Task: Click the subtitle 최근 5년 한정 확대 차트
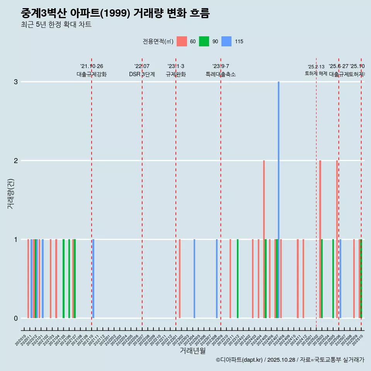(x=56, y=25)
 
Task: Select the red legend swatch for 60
(x=182, y=41)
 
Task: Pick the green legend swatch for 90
(x=204, y=41)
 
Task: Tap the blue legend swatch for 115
(x=226, y=41)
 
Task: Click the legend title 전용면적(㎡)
(x=158, y=41)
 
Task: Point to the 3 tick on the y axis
(x=16, y=82)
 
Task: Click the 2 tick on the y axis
(x=16, y=161)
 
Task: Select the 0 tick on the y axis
(x=16, y=318)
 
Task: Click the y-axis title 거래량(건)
(x=10, y=194)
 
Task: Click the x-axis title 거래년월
(x=192, y=351)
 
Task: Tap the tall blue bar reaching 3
(x=279, y=199)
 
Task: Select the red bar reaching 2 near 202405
(x=264, y=239)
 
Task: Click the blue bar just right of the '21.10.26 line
(x=94, y=279)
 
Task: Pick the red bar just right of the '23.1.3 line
(x=180, y=279)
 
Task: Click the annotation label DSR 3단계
(x=142, y=74)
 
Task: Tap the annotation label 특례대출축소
(x=220, y=74)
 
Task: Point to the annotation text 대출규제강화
(x=92, y=74)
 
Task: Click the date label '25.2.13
(x=316, y=66)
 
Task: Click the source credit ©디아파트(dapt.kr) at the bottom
(x=239, y=360)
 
